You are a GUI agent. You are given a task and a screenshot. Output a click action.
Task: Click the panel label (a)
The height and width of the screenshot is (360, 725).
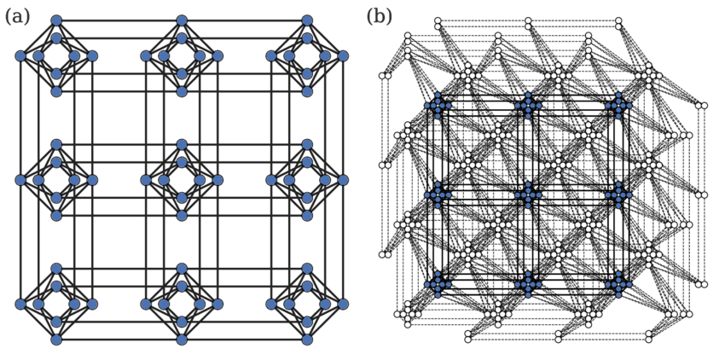point(17,17)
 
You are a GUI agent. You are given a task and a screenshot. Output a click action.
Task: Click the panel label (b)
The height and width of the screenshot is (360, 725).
point(380,17)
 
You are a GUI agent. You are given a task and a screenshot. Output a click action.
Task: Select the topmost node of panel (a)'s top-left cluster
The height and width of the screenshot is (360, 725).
point(56,20)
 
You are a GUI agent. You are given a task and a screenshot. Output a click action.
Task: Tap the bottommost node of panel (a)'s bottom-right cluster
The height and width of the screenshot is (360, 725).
point(307,340)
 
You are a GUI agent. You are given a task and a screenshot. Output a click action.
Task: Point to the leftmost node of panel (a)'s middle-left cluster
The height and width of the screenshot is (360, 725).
point(20,180)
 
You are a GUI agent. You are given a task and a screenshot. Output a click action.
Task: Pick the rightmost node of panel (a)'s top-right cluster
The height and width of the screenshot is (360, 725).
point(343,56)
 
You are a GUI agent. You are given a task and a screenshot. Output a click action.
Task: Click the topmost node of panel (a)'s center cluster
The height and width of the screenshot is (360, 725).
point(182,144)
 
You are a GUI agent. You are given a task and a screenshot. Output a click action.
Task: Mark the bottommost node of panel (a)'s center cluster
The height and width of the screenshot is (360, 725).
point(182,216)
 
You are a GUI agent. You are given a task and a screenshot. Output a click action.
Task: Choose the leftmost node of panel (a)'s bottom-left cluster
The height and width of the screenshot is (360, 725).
point(20,304)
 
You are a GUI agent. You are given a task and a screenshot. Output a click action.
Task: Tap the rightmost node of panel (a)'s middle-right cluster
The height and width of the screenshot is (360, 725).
point(343,180)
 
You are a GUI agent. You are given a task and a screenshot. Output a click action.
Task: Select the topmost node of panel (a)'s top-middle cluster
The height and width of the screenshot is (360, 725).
point(182,20)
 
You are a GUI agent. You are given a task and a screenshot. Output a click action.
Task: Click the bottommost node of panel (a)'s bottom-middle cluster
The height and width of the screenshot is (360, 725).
point(182,340)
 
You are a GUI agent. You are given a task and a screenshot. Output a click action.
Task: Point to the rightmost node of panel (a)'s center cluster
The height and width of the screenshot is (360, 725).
point(217,180)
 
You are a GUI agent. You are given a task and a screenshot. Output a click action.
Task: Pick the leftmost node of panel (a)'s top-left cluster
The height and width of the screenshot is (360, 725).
point(20,56)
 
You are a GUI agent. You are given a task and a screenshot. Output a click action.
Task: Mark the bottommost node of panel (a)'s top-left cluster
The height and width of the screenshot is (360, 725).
point(56,91)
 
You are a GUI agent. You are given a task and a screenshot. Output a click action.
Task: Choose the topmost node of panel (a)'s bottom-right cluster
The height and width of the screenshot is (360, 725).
point(307,269)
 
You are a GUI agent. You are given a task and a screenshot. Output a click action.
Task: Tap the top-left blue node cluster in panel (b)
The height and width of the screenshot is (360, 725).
point(438,106)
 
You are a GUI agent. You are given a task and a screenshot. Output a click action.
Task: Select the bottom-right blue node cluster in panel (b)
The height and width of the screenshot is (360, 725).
point(618,284)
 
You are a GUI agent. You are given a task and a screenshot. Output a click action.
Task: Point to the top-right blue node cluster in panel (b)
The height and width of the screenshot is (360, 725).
point(618,106)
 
